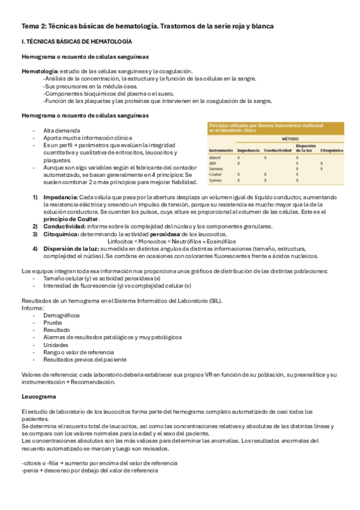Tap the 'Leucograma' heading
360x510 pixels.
point(39,397)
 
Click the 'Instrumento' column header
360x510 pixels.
point(221,150)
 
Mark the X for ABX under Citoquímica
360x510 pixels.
point(322,163)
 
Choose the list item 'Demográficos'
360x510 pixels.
point(61,315)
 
